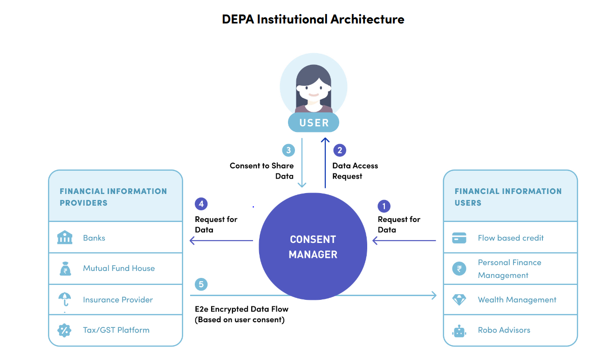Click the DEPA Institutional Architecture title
click(x=313, y=19)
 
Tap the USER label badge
click(x=314, y=123)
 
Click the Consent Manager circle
click(x=313, y=246)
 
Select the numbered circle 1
click(x=384, y=206)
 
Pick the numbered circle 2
click(x=340, y=150)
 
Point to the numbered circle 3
click(x=288, y=150)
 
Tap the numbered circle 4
click(x=201, y=204)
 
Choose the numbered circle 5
click(x=201, y=284)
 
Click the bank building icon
click(x=65, y=237)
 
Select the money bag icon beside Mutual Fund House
click(x=65, y=269)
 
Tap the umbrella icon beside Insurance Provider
click(x=65, y=299)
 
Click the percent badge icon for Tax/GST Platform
click(x=64, y=330)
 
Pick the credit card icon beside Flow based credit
click(x=459, y=238)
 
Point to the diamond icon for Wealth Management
click(x=459, y=300)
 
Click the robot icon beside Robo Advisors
click(x=459, y=331)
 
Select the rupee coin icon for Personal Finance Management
click(x=459, y=269)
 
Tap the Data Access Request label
click(x=355, y=171)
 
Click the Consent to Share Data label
click(x=261, y=171)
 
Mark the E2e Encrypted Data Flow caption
click(x=242, y=314)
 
